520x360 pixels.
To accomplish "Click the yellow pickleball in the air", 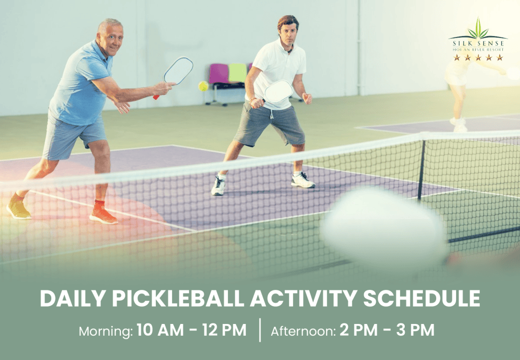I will [203, 86].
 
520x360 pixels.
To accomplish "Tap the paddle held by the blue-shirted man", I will [178, 71].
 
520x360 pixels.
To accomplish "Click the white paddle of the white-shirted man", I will [278, 91].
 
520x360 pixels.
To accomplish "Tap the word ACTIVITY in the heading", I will [307, 299].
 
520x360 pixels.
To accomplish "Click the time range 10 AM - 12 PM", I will [191, 331].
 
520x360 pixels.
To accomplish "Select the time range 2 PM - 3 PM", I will [387, 331].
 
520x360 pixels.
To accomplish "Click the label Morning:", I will [106, 332].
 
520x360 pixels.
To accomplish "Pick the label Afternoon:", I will [303, 332].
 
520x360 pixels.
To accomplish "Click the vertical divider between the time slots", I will [260, 331].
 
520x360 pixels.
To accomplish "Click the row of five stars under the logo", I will [478, 58].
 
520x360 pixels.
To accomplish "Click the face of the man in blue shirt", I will [111, 38].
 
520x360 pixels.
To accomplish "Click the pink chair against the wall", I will [219, 74].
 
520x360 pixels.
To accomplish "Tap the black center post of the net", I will [421, 170].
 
